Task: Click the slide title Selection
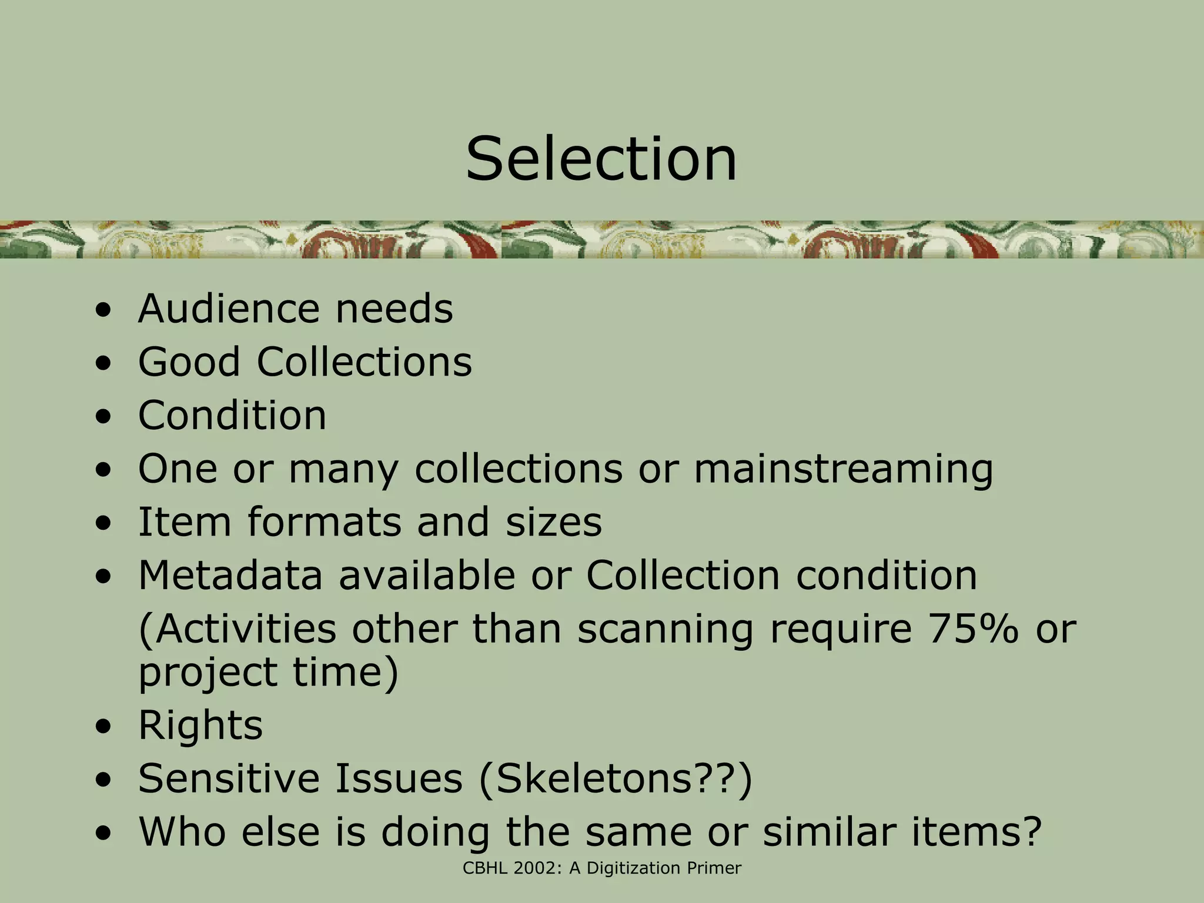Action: click(601, 159)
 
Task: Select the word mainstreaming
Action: click(843, 469)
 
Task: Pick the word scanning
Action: click(665, 629)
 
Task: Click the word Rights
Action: click(200, 725)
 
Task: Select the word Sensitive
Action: click(229, 779)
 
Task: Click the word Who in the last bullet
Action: click(182, 832)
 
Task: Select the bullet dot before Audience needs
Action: click(103, 311)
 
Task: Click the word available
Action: click(427, 575)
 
